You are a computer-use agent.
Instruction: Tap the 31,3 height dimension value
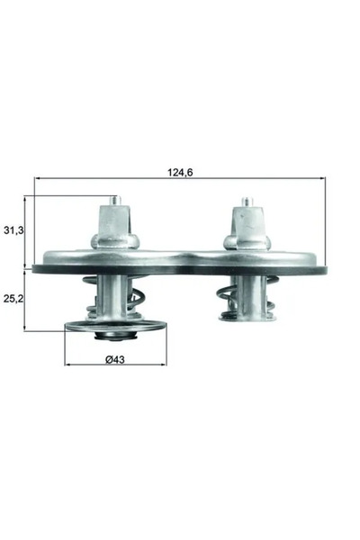[x=13, y=231]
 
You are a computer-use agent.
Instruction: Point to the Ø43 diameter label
[x=114, y=360]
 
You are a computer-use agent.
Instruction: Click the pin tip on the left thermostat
[x=113, y=201]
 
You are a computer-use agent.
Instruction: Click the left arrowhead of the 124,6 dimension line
[x=37, y=179]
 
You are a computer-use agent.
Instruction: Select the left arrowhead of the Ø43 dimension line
[x=67, y=364]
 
